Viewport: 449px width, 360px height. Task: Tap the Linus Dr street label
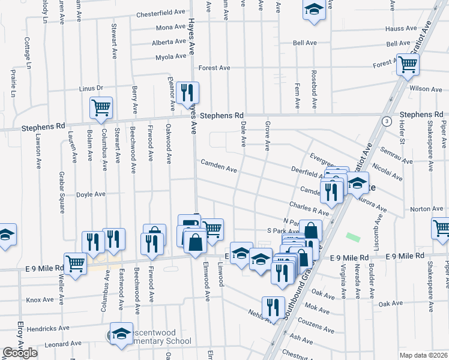(91, 88)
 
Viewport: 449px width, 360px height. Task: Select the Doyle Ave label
(91, 194)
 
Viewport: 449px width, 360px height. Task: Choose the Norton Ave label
(426, 209)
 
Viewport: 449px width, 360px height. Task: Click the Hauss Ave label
(402, 28)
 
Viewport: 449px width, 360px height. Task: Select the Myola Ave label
(170, 57)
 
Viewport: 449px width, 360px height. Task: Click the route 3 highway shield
(387, 121)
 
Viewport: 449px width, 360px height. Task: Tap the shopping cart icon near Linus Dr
(101, 107)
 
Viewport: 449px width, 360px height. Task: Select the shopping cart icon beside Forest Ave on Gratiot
(408, 63)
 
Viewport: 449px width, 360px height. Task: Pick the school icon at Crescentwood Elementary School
(121, 334)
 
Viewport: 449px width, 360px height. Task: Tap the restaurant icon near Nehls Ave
(273, 307)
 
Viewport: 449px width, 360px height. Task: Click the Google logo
(20, 353)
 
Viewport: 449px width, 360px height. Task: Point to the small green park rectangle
(354, 238)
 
